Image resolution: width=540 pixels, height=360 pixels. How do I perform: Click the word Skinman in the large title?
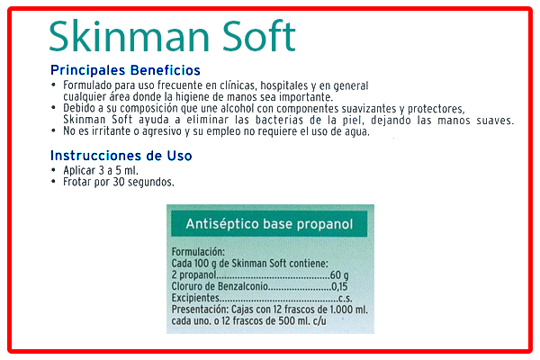point(129,36)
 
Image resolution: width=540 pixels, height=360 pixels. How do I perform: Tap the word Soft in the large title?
point(258,36)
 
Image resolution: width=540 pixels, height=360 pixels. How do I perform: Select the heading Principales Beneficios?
point(125,70)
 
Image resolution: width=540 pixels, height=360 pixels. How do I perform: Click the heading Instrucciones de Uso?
point(121,156)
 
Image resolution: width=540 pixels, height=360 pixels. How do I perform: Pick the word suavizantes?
point(369,109)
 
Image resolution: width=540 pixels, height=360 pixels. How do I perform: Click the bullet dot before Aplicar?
point(53,170)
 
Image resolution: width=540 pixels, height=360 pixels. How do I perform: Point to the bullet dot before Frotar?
point(53,181)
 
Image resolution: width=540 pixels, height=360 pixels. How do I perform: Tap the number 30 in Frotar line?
point(119,182)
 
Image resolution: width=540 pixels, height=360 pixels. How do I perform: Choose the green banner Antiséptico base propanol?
point(269,224)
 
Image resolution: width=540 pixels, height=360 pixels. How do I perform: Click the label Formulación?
point(198,252)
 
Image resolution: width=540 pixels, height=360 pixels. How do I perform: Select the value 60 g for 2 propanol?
point(339,274)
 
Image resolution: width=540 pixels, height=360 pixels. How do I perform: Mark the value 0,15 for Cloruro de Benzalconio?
point(339,286)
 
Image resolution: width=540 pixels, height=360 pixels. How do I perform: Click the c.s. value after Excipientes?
point(346,298)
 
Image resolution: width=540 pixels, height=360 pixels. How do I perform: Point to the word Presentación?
point(200,310)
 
